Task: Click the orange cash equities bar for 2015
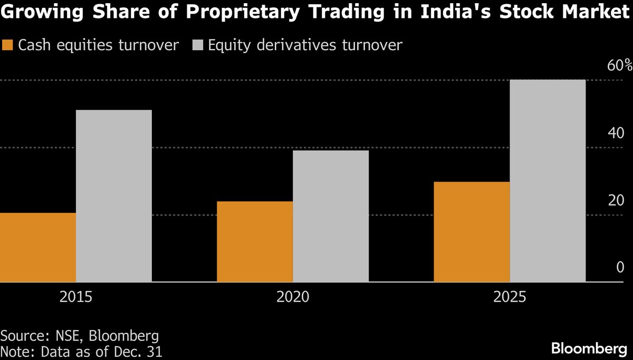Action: tap(38, 247)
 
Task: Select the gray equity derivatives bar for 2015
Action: tap(114, 196)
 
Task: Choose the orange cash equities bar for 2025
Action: tap(472, 232)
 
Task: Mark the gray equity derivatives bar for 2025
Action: tap(548, 181)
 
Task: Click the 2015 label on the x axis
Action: tap(76, 297)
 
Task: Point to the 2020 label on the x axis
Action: tap(293, 297)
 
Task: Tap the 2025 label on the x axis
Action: tap(510, 297)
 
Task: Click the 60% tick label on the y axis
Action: tap(619, 66)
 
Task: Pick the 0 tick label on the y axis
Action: tap(620, 268)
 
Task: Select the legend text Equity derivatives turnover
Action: tap(305, 45)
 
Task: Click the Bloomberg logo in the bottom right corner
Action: tap(588, 348)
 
